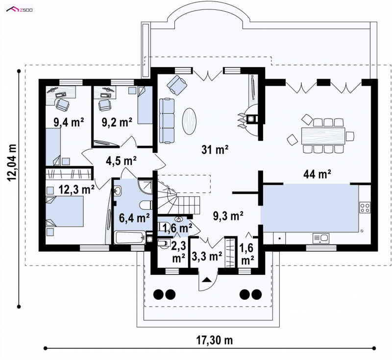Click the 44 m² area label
click(x=317, y=174)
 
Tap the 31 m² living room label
click(x=215, y=149)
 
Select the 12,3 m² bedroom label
click(x=76, y=190)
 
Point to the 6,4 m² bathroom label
click(x=134, y=217)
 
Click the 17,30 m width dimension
click(x=214, y=340)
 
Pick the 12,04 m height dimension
click(x=12, y=163)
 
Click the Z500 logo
click(x=20, y=10)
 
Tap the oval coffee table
click(x=189, y=121)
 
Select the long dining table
click(x=323, y=136)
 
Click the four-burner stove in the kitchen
click(x=365, y=207)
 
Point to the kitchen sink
click(x=321, y=238)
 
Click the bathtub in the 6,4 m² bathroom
click(x=130, y=238)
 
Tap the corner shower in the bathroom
click(x=145, y=186)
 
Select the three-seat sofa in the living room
click(x=167, y=121)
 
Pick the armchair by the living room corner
click(x=177, y=85)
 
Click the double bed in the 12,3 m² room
click(x=65, y=211)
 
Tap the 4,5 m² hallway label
click(x=121, y=161)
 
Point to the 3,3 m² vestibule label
click(x=207, y=256)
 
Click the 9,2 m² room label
click(x=117, y=122)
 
